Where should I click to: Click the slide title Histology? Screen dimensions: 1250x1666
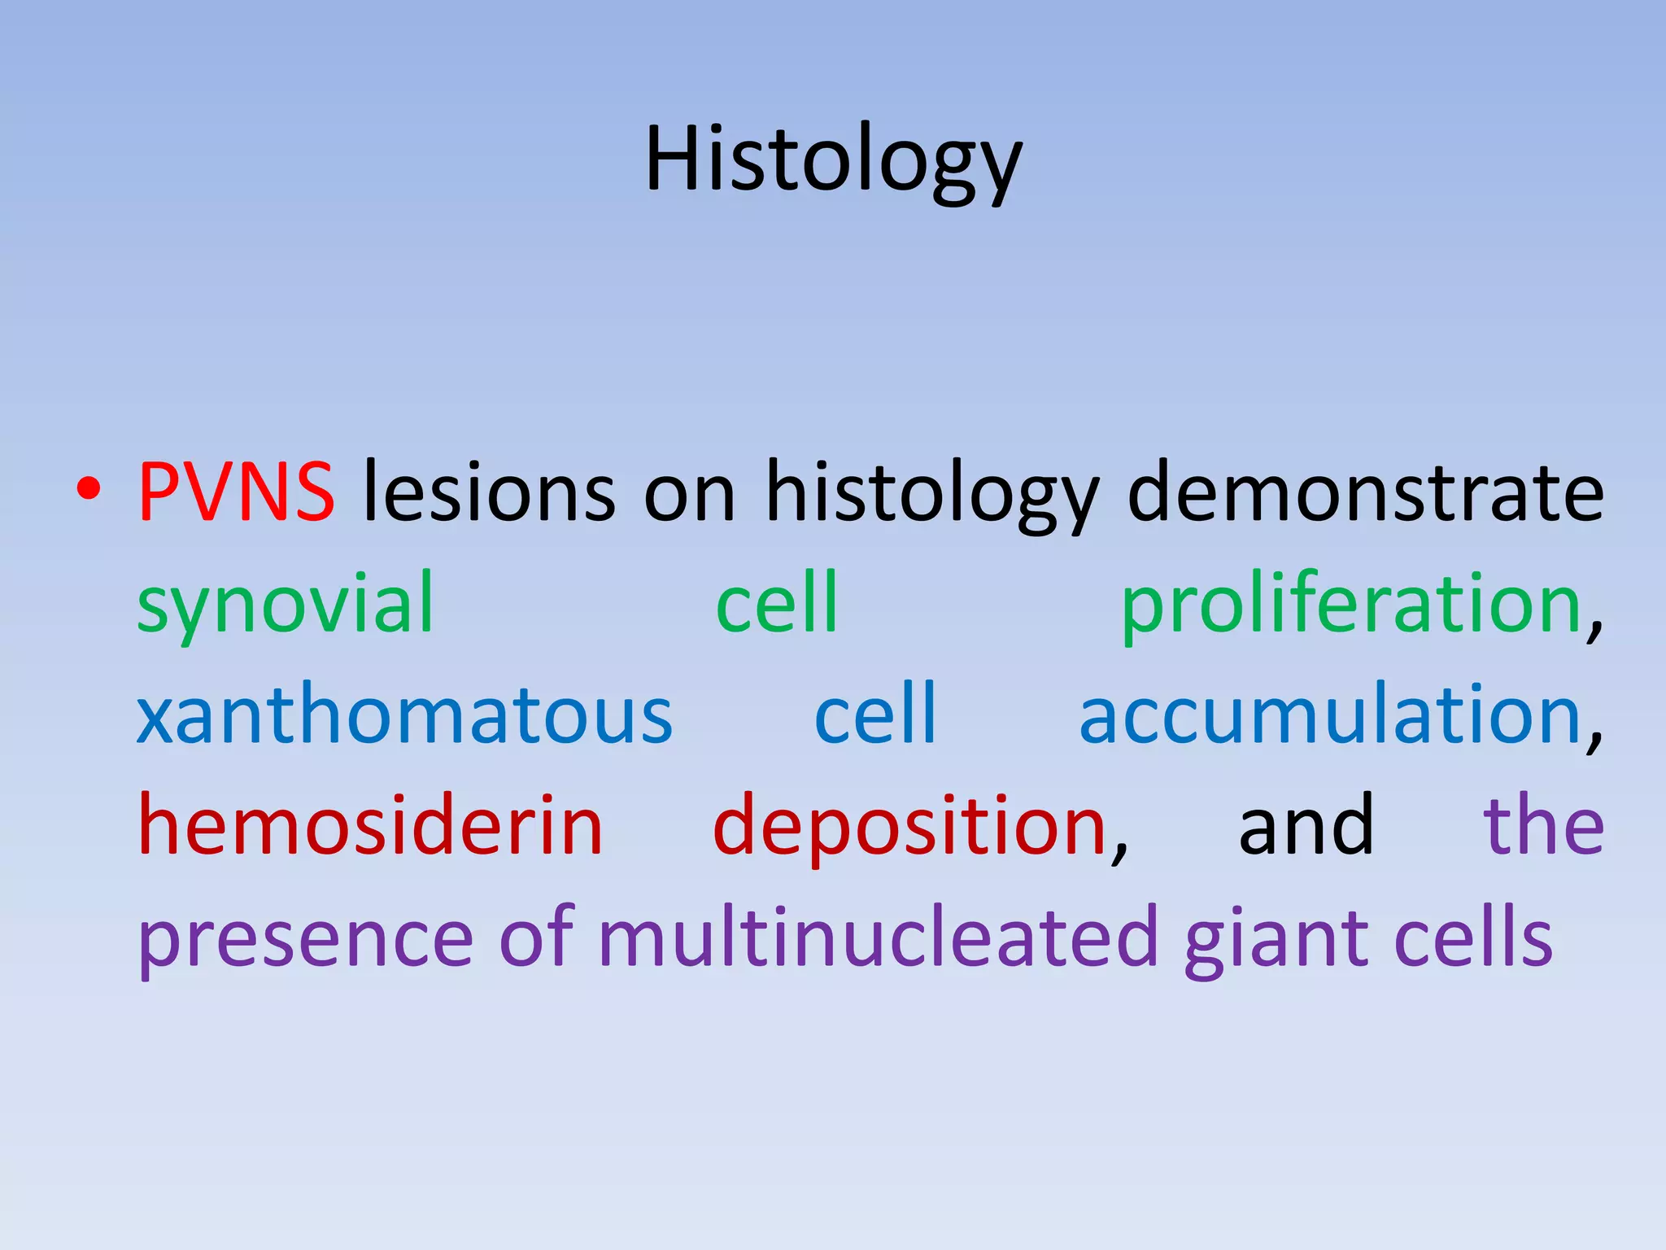pyautogui.click(x=833, y=160)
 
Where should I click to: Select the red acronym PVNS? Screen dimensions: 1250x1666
pyautogui.click(x=236, y=492)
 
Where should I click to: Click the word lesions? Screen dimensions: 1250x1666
pyautogui.click(x=489, y=492)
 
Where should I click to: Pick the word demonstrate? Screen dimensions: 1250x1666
pyautogui.click(x=1365, y=492)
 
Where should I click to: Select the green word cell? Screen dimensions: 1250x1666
pyautogui.click(x=777, y=602)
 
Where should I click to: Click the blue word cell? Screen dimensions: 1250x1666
pyautogui.click(x=875, y=714)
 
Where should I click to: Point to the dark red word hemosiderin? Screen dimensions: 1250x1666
pyautogui.click(x=370, y=825)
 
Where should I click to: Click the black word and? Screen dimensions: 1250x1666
pyautogui.click(x=1306, y=825)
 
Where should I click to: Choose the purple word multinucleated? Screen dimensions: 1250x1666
pyautogui.click(x=878, y=937)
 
